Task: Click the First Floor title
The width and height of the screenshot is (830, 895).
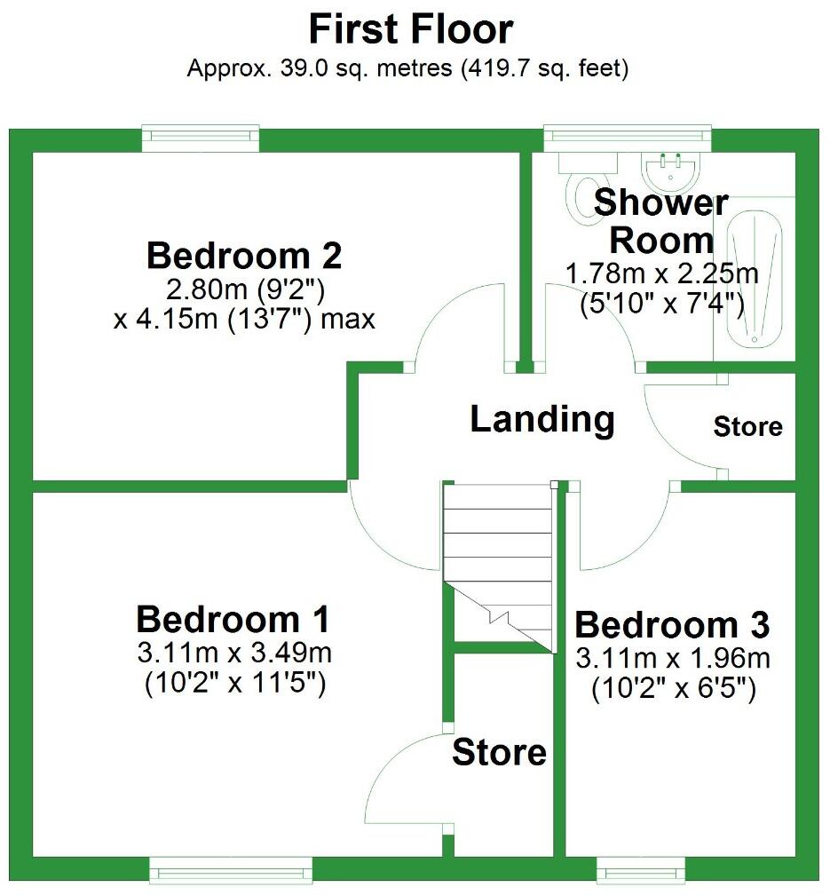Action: coord(410,29)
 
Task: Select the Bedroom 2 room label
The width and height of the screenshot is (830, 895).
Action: coord(244,256)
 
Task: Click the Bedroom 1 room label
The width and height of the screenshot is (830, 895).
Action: coord(233,618)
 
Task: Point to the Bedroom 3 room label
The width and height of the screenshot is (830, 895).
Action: coord(672,625)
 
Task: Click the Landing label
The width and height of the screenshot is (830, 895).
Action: coord(541,418)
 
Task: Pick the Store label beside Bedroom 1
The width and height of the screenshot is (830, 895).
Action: coord(499,753)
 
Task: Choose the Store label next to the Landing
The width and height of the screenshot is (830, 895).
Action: coord(747,427)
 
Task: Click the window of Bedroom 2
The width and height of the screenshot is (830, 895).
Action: coord(201,135)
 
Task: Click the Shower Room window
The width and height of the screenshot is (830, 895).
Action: coord(628,135)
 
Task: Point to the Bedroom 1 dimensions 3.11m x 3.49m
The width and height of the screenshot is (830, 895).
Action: coord(234,654)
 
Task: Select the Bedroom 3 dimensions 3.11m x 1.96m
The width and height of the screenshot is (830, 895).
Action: coord(673,659)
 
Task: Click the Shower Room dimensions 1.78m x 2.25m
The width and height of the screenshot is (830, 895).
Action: coord(661,273)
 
